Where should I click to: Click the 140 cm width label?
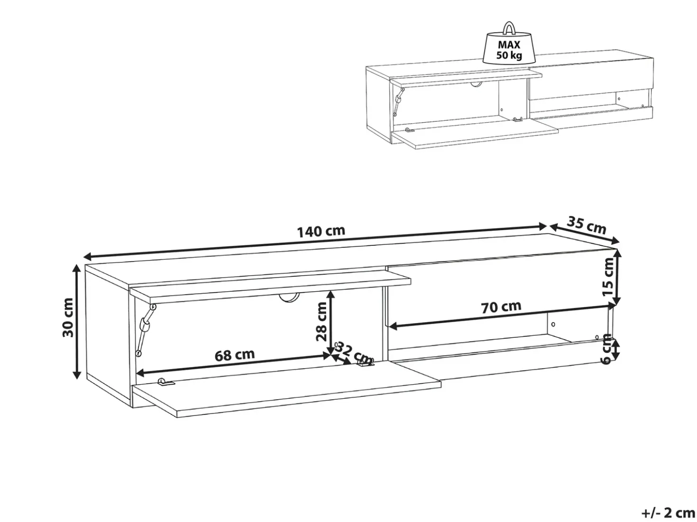click(321, 231)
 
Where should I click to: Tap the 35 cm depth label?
click(586, 225)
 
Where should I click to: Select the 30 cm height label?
click(68, 317)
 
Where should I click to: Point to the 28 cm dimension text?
click(321, 321)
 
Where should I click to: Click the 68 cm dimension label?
click(235, 355)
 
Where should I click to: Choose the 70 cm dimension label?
click(501, 306)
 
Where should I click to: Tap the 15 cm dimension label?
click(608, 277)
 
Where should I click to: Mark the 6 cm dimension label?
click(606, 349)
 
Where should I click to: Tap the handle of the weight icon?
click(509, 27)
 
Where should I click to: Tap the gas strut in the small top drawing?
click(398, 102)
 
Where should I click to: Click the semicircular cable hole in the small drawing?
click(476, 84)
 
